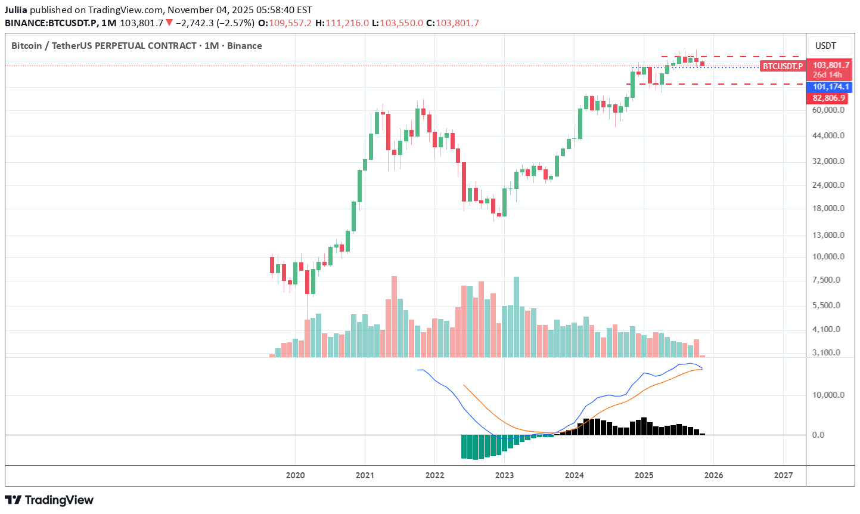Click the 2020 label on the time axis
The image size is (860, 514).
point(295,475)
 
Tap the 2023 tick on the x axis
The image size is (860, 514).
point(504,475)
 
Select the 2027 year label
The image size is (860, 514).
point(783,475)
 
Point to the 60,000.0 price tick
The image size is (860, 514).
point(828,110)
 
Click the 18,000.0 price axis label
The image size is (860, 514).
point(828,208)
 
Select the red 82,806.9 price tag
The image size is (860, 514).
point(828,98)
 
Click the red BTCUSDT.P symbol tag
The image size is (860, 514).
point(783,66)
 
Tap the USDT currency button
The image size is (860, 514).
point(825,46)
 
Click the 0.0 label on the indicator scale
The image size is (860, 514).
point(818,435)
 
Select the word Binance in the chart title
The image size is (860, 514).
point(244,46)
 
